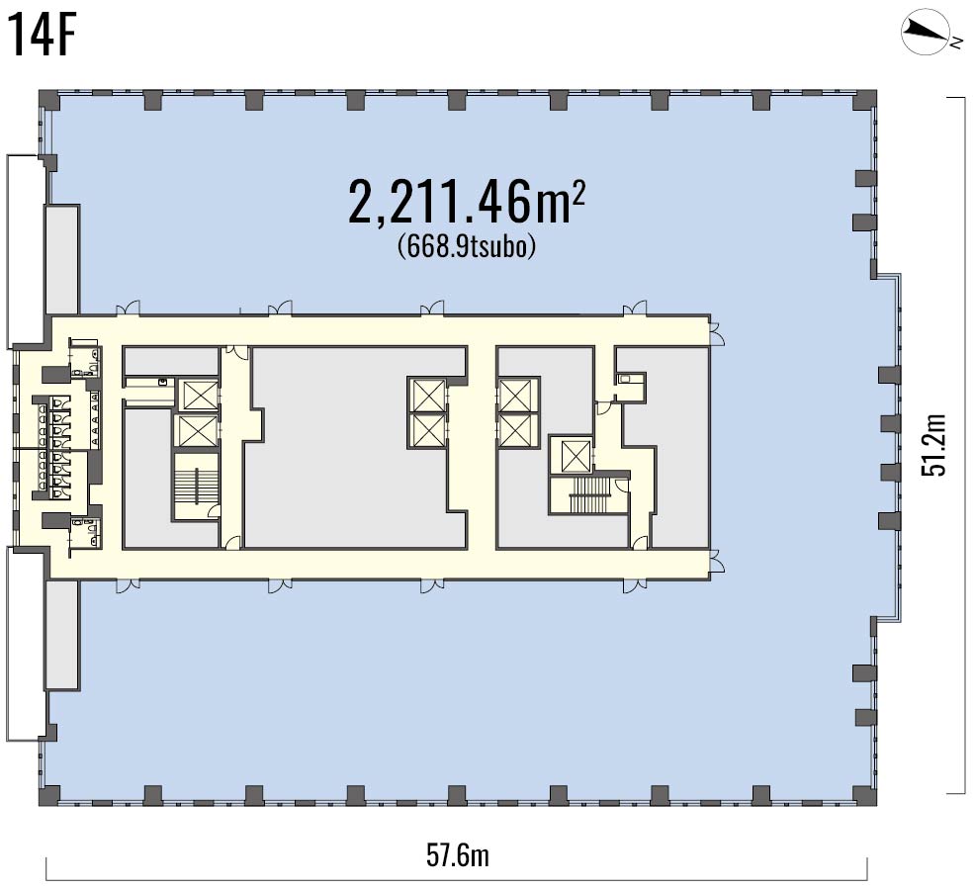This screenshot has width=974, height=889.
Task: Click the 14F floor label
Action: (x=42, y=37)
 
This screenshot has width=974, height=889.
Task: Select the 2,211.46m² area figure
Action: (x=467, y=201)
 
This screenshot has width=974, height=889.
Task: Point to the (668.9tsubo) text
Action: (x=467, y=246)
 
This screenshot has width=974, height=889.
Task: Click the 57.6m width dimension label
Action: (x=458, y=855)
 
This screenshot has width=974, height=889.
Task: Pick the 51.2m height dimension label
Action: (x=933, y=444)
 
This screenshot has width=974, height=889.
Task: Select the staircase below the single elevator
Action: (x=589, y=493)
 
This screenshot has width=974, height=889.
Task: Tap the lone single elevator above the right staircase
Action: (x=575, y=455)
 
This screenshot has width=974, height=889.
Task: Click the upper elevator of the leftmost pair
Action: (x=198, y=396)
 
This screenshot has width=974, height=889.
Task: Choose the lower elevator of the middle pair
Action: (x=426, y=428)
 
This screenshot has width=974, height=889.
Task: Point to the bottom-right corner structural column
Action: (x=866, y=796)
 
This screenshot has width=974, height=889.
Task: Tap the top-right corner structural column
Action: (x=866, y=100)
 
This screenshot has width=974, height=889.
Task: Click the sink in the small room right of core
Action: (x=625, y=378)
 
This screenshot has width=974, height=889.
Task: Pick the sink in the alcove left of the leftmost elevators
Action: (x=163, y=382)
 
